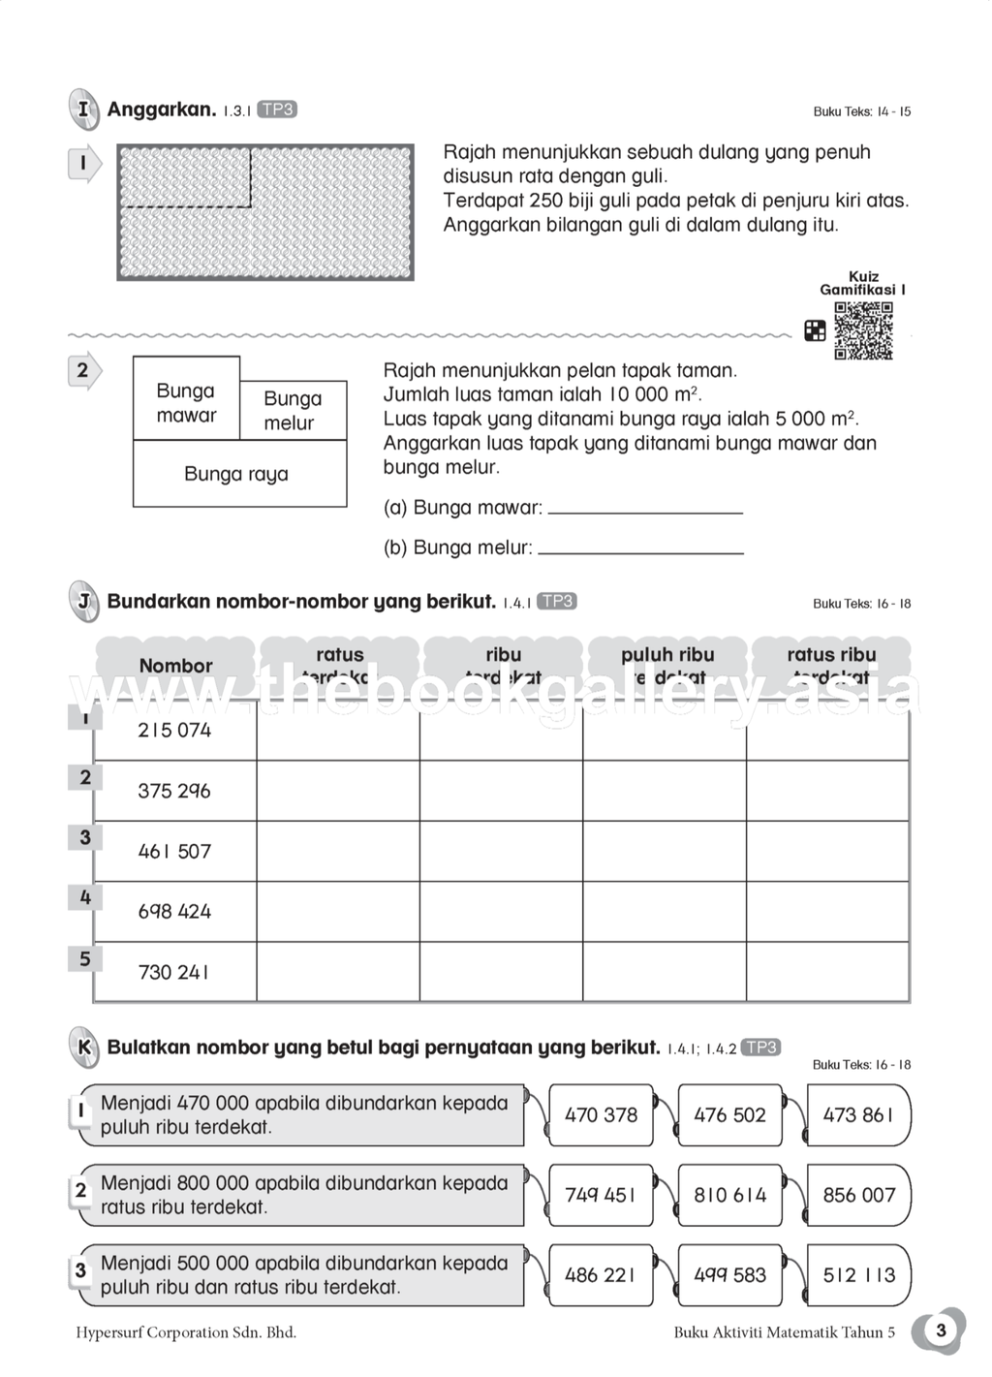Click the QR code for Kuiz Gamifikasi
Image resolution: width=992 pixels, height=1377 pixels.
tap(863, 330)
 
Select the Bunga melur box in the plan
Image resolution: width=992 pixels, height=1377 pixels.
tap(291, 411)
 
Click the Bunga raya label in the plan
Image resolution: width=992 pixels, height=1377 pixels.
tap(236, 474)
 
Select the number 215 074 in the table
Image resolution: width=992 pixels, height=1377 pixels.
tap(174, 731)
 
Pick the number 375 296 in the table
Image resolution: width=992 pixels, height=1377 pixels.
tap(174, 791)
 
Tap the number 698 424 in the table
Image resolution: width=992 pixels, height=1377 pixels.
tap(174, 911)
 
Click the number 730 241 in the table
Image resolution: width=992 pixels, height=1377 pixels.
tap(174, 972)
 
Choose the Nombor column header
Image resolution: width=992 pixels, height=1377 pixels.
tap(175, 666)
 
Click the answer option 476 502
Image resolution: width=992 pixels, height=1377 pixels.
tap(729, 1115)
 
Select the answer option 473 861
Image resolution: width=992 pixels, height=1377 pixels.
tap(858, 1115)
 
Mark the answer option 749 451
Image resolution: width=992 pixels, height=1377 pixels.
tap(601, 1195)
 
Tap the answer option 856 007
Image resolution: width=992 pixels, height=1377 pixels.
tap(858, 1195)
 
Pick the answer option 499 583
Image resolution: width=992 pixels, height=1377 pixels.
tap(729, 1275)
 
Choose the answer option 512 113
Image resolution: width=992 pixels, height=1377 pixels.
tap(858, 1275)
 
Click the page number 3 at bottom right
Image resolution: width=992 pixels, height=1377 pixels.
tap(940, 1330)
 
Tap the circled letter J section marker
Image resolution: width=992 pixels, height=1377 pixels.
tap(83, 602)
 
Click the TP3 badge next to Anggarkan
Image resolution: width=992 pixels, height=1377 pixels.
tap(277, 110)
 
